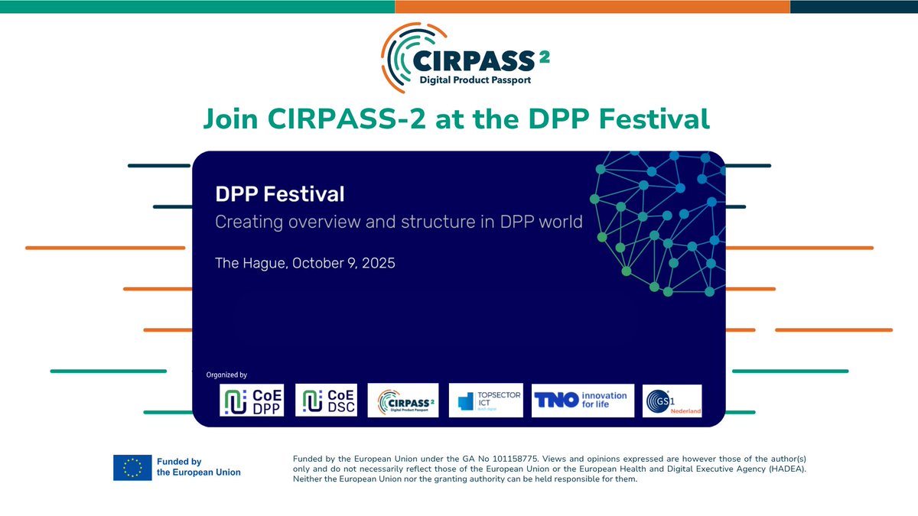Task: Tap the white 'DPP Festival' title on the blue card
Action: point(279,194)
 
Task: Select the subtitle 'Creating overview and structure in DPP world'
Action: point(399,222)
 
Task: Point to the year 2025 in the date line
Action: point(376,263)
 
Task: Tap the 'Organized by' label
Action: point(226,375)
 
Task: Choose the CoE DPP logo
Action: point(252,400)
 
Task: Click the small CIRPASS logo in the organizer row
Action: point(403,400)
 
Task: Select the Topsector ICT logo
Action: point(486,400)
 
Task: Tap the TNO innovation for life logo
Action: point(583,400)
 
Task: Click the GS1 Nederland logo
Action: point(672,401)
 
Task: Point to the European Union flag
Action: point(132,467)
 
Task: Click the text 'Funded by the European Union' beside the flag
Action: point(198,467)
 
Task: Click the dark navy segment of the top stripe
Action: point(854,6)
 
